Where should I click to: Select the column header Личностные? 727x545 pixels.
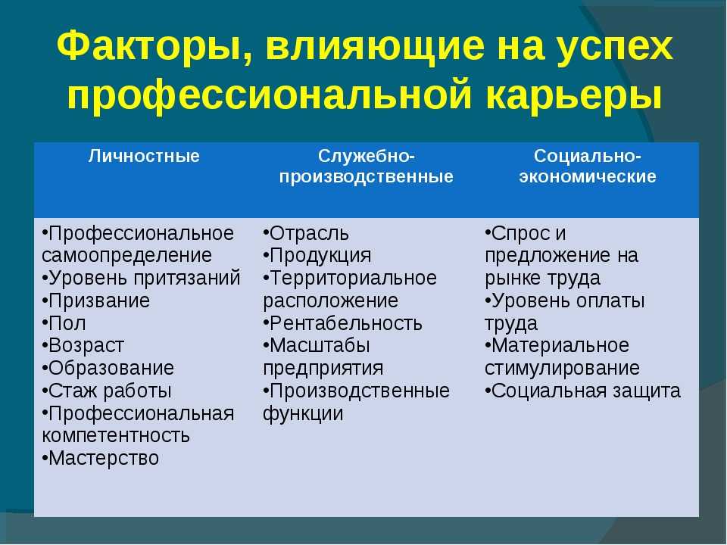tap(144, 156)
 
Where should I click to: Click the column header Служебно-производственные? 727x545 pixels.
tap(367, 167)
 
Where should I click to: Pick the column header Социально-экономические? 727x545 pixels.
tap(588, 167)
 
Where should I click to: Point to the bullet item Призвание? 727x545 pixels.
tap(95, 301)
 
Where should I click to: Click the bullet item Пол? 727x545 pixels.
tap(64, 323)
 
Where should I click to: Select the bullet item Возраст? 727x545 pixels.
tap(83, 346)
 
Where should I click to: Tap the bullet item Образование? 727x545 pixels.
tap(108, 369)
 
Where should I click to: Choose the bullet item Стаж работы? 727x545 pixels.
tap(107, 391)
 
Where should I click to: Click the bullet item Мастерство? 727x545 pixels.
tap(100, 459)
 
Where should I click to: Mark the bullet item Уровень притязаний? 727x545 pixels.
tap(141, 279)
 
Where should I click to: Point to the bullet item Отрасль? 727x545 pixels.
tap(306, 233)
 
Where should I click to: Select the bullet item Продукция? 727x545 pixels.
tap(317, 256)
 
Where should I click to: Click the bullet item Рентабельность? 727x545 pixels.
tap(342, 323)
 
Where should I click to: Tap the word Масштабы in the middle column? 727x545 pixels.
tap(320, 346)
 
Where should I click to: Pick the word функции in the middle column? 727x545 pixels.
tap(303, 414)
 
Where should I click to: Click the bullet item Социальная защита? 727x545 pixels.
tap(583, 391)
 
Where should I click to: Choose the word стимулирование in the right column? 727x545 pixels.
tap(563, 369)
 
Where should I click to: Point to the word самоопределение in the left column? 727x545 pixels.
tap(126, 256)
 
